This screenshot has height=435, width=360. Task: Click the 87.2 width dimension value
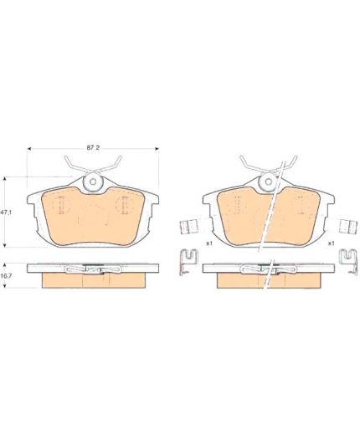(x=93, y=148)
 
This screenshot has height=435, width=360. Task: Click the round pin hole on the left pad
(x=93, y=182)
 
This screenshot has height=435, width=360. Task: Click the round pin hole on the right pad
(x=268, y=182)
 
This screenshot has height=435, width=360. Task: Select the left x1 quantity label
(x=209, y=243)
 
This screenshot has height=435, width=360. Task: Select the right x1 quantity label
(x=331, y=243)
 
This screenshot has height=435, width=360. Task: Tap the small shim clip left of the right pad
(x=189, y=226)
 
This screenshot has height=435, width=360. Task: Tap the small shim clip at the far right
(x=348, y=226)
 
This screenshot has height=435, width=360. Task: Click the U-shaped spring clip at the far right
(x=348, y=262)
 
